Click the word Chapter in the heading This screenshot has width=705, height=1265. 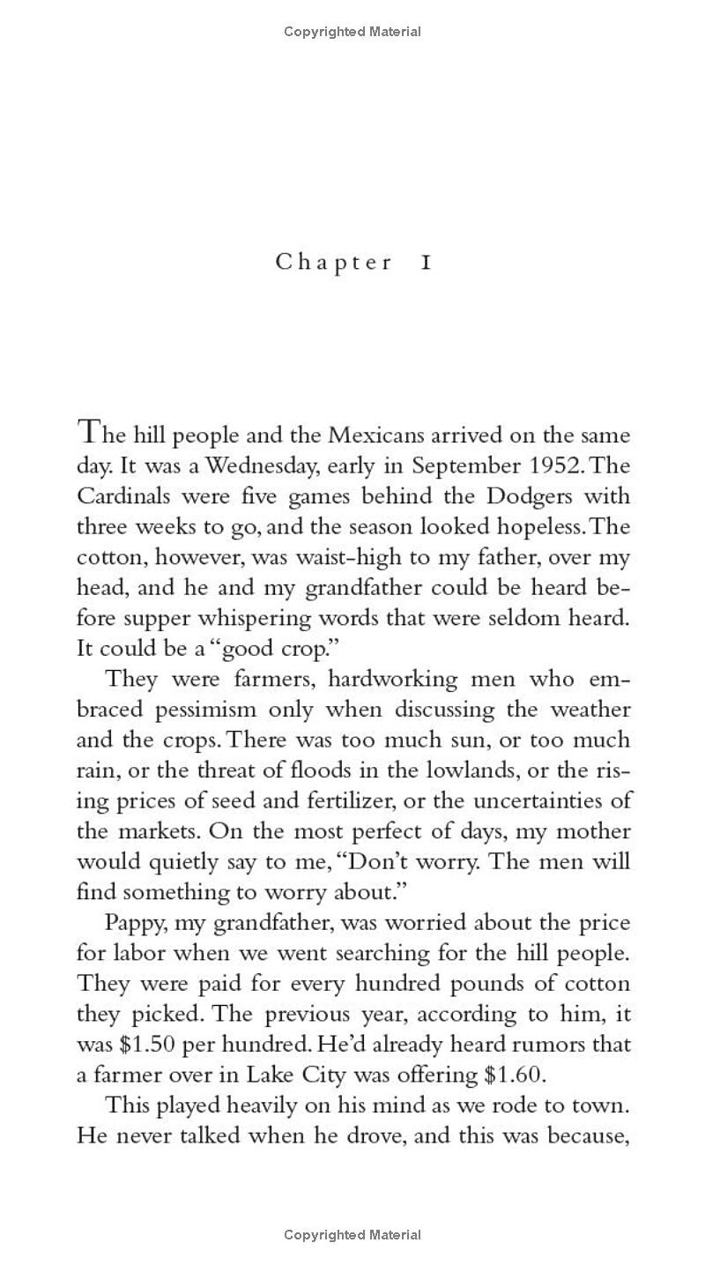(334, 263)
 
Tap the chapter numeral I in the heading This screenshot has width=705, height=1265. (426, 263)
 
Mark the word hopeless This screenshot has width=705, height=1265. (527, 527)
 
